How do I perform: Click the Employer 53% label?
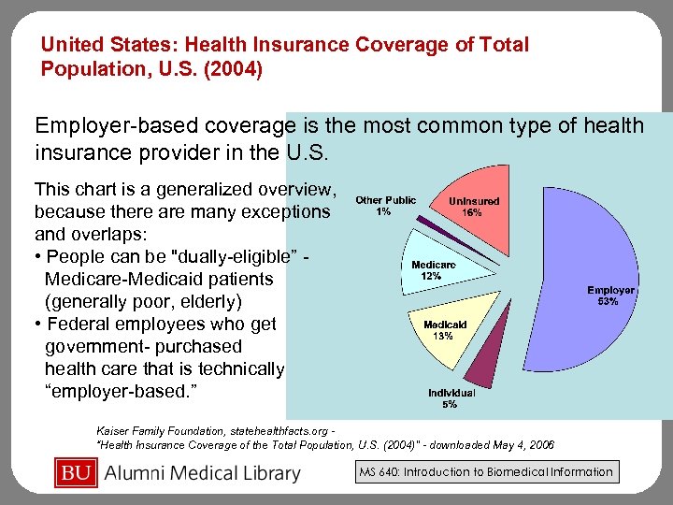coord(609,296)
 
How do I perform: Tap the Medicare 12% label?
coord(434,270)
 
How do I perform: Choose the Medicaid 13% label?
coord(445,330)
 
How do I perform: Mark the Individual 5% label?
coord(451,398)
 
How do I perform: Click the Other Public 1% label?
coord(385,206)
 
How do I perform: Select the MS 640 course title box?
coord(486,472)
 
